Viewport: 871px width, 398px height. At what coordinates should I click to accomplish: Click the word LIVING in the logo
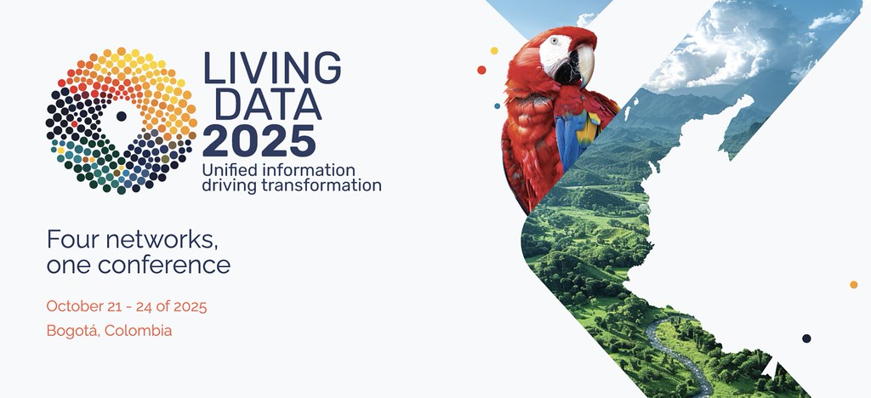coord(271,67)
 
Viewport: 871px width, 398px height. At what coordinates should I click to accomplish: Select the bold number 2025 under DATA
coord(259,139)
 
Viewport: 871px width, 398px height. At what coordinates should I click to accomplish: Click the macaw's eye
coord(555,40)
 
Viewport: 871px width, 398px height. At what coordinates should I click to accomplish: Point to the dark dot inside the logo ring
coord(121,117)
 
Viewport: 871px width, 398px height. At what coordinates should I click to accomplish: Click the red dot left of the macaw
coord(482,71)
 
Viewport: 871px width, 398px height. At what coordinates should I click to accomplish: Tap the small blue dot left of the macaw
coord(498,106)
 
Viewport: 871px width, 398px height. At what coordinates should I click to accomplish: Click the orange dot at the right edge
coord(853,284)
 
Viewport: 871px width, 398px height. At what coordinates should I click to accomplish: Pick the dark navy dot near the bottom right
coord(806,338)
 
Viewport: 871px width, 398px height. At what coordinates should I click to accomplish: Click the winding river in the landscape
coord(672,349)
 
